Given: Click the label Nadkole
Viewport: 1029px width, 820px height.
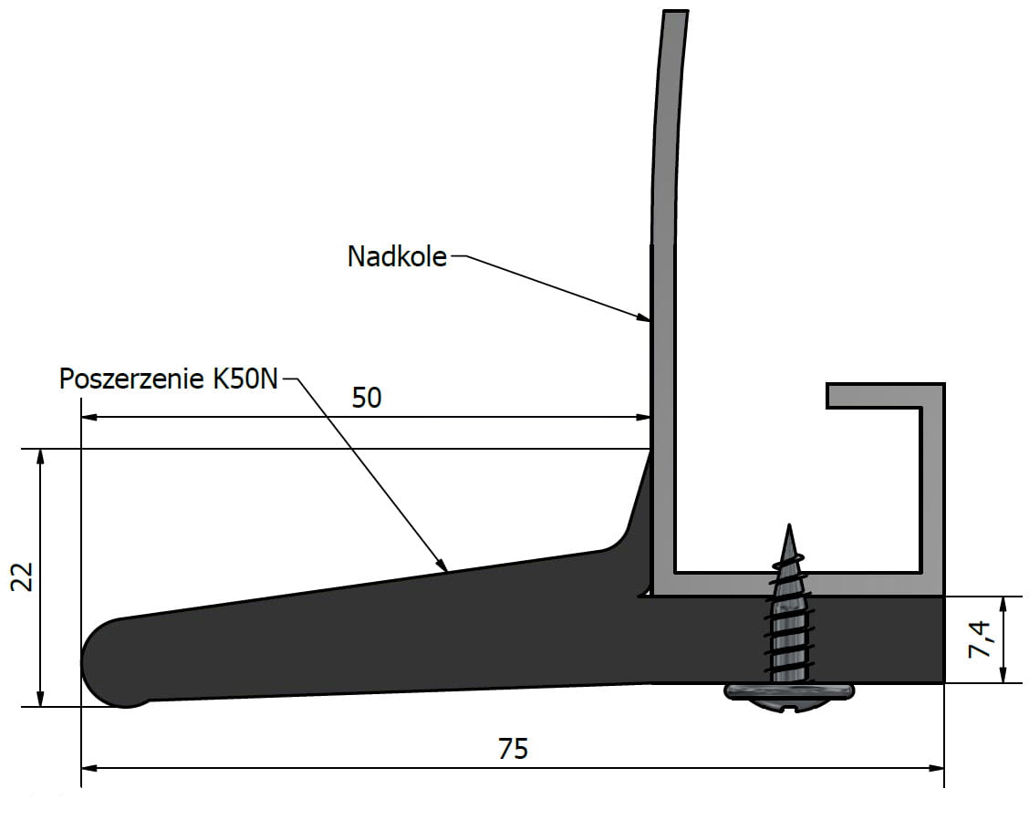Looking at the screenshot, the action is (397, 256).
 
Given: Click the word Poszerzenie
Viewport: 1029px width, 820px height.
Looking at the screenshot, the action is (131, 379).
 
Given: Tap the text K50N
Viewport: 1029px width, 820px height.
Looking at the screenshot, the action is (245, 379).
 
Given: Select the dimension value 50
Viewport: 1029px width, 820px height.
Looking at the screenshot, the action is (366, 398).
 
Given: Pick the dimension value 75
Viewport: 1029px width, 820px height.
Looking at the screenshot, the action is (513, 749).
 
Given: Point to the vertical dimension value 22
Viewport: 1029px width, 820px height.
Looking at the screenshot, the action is (23, 576).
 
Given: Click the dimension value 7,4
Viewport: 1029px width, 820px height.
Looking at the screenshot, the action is (980, 639).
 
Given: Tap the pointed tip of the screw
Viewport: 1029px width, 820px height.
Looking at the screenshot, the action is (789, 524).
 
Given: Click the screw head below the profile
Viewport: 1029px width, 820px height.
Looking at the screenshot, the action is (789, 696).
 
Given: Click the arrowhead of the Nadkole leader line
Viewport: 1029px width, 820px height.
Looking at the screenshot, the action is (642, 317).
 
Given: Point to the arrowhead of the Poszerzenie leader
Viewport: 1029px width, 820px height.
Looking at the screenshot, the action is (442, 565).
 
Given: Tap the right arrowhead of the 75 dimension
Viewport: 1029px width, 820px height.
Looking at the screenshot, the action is (935, 767).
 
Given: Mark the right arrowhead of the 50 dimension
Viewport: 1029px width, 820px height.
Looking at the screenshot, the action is (642, 417).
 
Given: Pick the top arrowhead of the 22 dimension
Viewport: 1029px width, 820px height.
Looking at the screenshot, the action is (41, 458).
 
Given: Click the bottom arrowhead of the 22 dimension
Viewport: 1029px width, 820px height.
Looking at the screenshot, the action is (41, 698).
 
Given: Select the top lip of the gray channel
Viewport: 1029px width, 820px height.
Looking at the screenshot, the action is (885, 396).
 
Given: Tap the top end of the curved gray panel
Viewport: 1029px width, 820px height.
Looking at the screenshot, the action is (676, 12).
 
